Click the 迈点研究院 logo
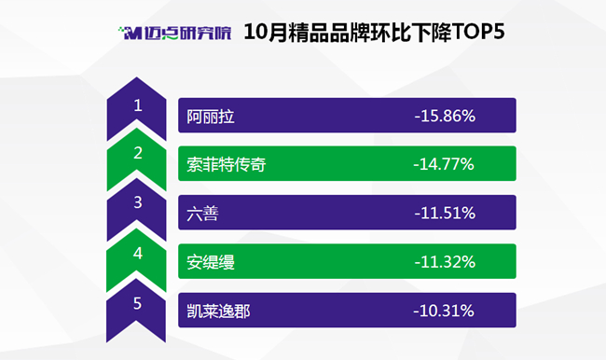[175, 33]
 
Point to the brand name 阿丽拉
[211, 117]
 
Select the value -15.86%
[445, 116]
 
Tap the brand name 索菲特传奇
[227, 164]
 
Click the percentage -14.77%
[444, 164]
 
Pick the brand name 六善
[202, 214]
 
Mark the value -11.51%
[445, 213]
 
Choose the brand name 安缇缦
[211, 262]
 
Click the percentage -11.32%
[445, 262]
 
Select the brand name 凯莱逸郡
[218, 312]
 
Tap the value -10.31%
[444, 311]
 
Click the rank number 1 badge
[136, 107]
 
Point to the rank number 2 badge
[136, 158]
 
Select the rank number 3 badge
[136, 208]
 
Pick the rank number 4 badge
[136, 258]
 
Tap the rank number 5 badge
[136, 310]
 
